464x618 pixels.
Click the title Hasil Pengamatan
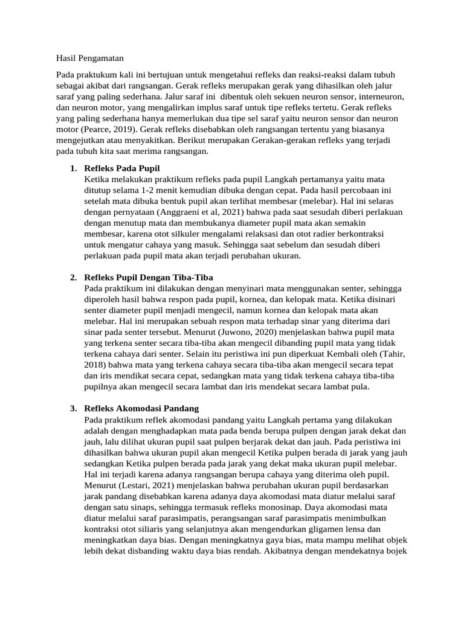89,59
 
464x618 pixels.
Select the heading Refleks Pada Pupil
123,168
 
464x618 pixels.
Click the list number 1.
72,168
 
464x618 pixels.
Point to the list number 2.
72,278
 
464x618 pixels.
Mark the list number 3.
72,409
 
